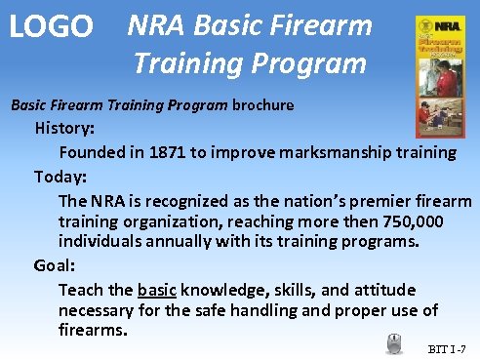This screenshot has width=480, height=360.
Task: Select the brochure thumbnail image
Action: (x=439, y=69)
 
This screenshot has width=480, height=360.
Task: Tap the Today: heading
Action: (x=61, y=177)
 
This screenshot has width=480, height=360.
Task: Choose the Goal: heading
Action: (x=55, y=264)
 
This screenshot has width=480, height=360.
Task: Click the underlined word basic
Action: (x=157, y=290)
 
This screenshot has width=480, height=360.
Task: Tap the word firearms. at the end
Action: (x=94, y=330)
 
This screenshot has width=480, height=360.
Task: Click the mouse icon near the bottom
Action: (x=394, y=343)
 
